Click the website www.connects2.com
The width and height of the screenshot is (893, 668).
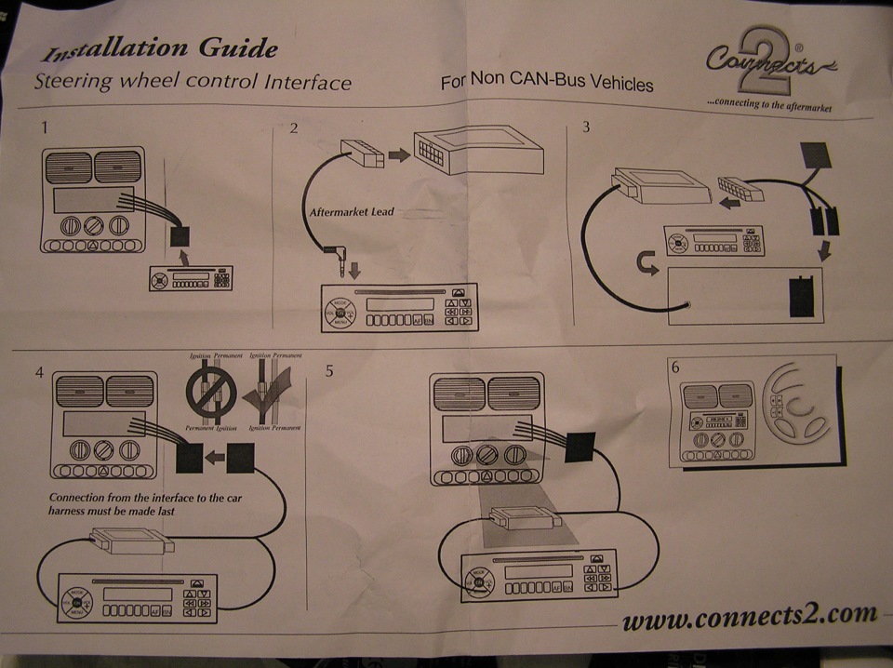point(749,616)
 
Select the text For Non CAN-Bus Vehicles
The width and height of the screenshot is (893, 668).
point(547,82)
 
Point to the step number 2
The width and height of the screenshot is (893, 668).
point(294,128)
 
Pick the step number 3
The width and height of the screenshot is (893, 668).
point(585,127)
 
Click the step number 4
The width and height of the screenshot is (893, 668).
point(39,372)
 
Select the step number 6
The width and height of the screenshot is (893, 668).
point(675,367)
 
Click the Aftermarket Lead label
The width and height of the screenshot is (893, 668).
point(352,212)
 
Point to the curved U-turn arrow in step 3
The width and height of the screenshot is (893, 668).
point(643,269)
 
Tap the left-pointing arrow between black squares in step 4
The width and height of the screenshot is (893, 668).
point(215,457)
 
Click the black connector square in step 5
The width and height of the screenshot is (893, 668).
point(579,447)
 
